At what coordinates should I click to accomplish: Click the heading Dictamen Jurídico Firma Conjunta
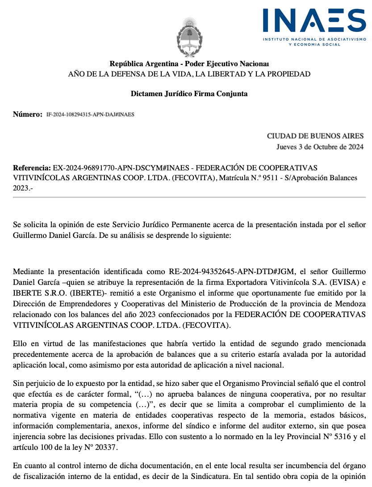click(189, 94)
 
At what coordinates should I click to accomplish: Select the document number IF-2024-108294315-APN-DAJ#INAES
click(90, 114)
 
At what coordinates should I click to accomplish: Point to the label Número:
click(27, 114)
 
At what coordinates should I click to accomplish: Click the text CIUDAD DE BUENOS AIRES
click(315, 136)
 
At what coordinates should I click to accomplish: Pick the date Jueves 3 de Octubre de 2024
click(320, 147)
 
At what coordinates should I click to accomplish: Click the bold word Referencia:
click(32, 168)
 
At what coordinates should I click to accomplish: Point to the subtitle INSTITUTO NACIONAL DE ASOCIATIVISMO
click(314, 40)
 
